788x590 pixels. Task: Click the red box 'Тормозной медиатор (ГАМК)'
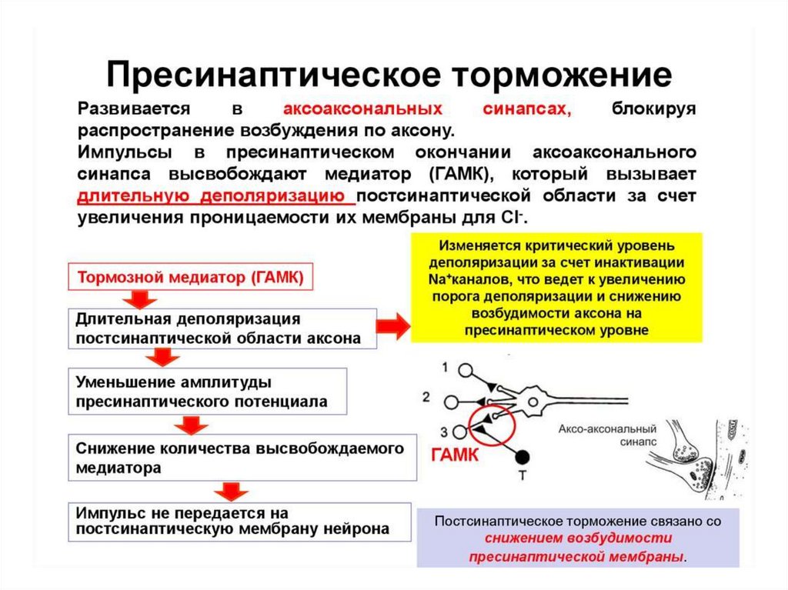pos(192,278)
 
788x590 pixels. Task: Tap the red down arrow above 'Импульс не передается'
pos(229,490)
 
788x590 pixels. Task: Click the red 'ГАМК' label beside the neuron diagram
pos(454,455)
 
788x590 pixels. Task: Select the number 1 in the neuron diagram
pos(446,366)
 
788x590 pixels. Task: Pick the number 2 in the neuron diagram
pos(426,397)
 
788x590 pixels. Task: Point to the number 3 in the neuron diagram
pos(444,430)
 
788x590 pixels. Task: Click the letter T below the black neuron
pos(523,475)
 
